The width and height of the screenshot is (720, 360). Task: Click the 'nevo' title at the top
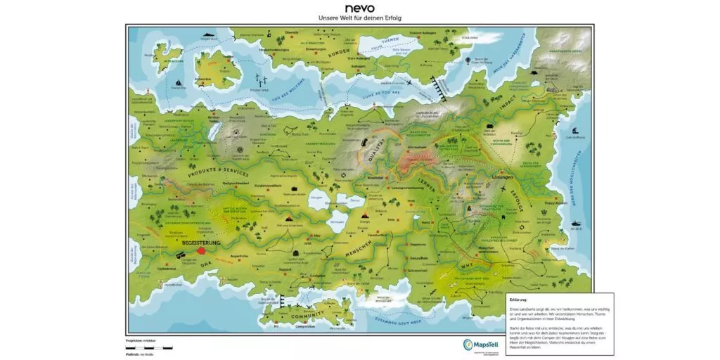360,8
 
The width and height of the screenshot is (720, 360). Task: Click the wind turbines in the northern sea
262,79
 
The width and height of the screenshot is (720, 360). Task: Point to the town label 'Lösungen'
504,179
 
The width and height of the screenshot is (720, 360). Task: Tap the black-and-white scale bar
153,347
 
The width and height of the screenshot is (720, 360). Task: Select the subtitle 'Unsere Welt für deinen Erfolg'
360,18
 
